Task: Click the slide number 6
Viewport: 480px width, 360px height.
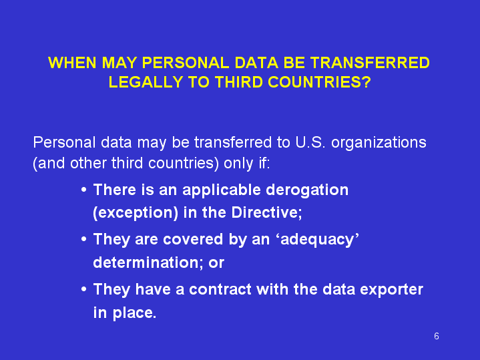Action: coord(437,336)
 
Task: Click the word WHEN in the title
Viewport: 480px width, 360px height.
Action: coord(72,63)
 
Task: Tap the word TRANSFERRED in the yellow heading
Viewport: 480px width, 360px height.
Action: coord(370,63)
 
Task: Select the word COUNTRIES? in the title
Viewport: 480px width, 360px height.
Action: coord(319,82)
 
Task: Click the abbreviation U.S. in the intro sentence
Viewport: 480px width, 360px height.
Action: coord(310,142)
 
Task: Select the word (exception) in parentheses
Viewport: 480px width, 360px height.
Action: coord(136,213)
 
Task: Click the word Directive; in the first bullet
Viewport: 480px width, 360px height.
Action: coord(266,212)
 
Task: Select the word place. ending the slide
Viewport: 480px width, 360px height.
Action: coord(134,313)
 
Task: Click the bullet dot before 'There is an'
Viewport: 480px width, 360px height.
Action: coord(84,190)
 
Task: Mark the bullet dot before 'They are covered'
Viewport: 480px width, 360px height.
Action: coord(84,239)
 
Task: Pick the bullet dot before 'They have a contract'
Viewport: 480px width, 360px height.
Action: coord(84,289)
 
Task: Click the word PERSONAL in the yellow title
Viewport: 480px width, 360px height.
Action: coord(186,63)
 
